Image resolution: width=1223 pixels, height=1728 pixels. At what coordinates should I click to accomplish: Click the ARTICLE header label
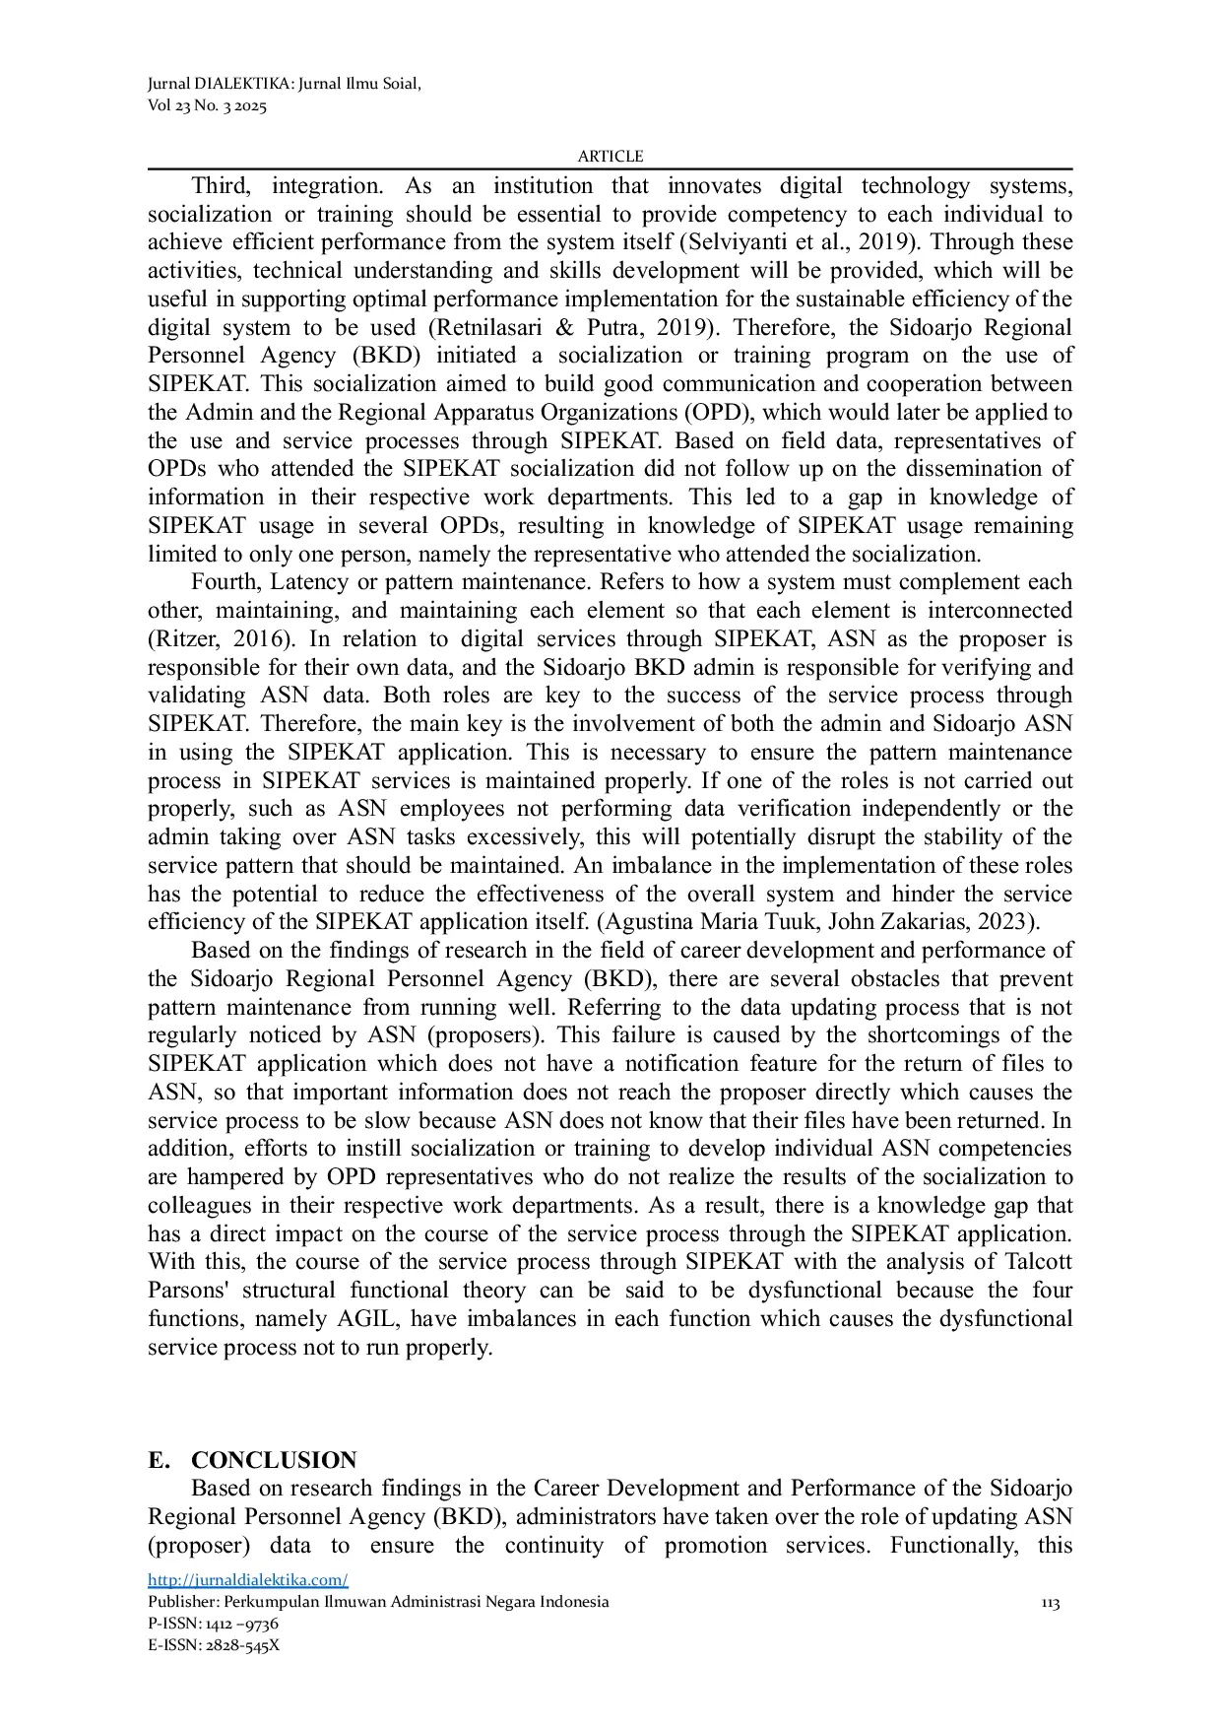tap(610, 157)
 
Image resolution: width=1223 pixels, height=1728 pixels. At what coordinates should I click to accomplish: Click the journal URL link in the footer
tap(247, 1580)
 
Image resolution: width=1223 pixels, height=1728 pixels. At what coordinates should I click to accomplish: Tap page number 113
tap(1050, 1604)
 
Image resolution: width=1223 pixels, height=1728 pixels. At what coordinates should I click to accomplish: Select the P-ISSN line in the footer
tap(213, 1623)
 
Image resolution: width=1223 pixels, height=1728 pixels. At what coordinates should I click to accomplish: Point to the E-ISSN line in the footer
tap(214, 1644)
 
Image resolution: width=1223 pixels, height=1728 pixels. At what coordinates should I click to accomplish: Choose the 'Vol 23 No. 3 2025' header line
tap(207, 106)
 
